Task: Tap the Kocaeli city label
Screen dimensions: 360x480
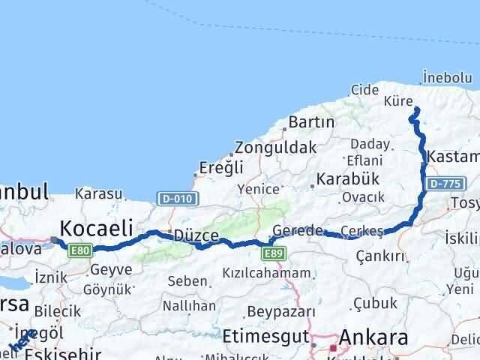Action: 97,226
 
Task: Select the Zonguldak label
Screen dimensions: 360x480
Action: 275,147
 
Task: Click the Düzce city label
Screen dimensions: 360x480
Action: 196,235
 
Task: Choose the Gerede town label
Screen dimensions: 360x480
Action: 298,231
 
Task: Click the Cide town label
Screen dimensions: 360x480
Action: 365,90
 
